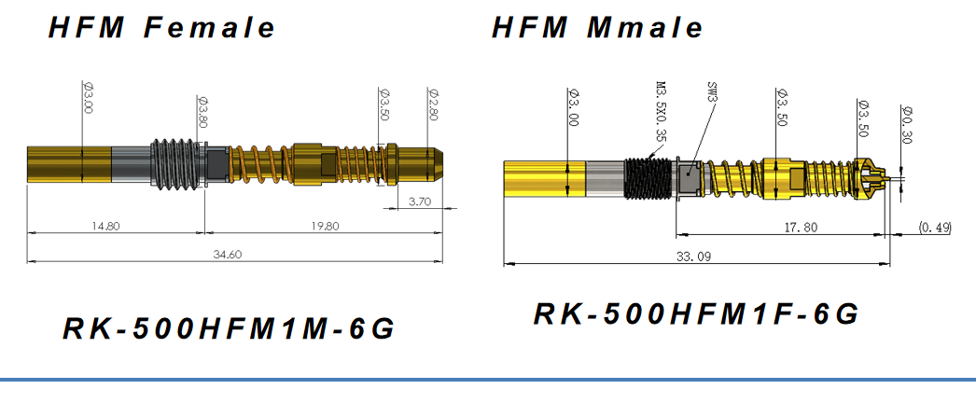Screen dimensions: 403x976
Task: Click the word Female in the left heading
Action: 210,27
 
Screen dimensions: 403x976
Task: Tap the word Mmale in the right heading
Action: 644,27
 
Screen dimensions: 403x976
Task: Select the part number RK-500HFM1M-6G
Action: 229,328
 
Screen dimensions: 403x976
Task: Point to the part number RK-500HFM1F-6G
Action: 696,313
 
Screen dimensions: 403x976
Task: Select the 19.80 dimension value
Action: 324,225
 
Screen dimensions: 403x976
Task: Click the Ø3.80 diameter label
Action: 201,113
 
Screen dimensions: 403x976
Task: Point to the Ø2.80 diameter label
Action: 432,104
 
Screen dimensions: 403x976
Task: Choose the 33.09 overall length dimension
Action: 696,257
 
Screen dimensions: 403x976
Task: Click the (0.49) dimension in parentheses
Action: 935,227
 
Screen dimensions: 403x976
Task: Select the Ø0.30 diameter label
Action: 905,122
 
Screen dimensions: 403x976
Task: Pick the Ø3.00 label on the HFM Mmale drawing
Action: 573,107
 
